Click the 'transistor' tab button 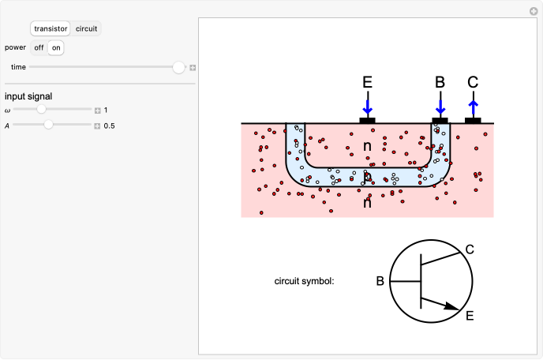[x=51, y=28]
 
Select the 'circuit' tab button [x=87, y=28]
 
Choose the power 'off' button [x=38, y=47]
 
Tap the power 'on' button [x=55, y=47]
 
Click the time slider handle [x=179, y=68]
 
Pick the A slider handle [x=49, y=125]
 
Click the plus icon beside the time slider [x=193, y=68]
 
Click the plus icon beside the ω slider [x=98, y=111]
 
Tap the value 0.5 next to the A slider [x=110, y=126]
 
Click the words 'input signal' [x=28, y=96]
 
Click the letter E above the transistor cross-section [x=367, y=82]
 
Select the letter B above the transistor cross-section [x=440, y=82]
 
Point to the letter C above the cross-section [x=473, y=82]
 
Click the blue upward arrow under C [x=473, y=108]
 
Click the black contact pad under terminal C [x=473, y=121]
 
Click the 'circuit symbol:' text [x=305, y=280]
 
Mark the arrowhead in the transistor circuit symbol [x=452, y=306]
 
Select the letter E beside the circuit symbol [x=470, y=317]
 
